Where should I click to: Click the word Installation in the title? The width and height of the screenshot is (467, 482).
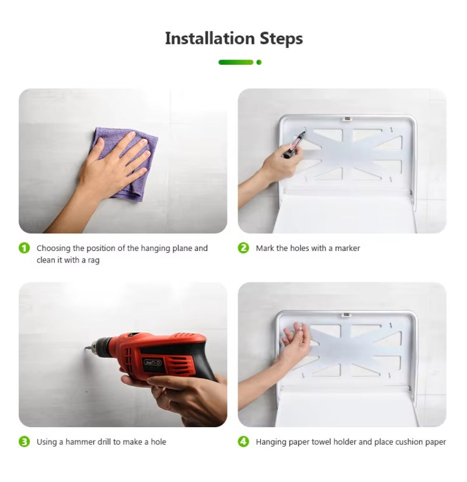pyautogui.click(x=210, y=39)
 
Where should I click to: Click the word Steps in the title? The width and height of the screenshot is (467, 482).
pyautogui.click(x=281, y=39)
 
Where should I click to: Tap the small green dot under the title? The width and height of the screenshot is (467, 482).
pyautogui.click(x=259, y=62)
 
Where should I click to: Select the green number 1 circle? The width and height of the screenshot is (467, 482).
pyautogui.click(x=25, y=248)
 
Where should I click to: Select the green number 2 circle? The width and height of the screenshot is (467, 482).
pyautogui.click(x=243, y=248)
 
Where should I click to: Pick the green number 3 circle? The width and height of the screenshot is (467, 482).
pyautogui.click(x=25, y=442)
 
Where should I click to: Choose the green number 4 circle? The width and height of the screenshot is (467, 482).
pyautogui.click(x=243, y=442)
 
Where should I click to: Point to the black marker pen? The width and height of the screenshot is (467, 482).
pyautogui.click(x=294, y=145)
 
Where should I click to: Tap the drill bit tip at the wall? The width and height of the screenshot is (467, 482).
pyautogui.click(x=86, y=348)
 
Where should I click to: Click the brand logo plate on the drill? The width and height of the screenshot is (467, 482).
pyautogui.click(x=153, y=362)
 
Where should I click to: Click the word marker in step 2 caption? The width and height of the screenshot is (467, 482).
pyautogui.click(x=347, y=248)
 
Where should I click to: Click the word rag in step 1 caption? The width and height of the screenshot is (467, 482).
pyautogui.click(x=93, y=261)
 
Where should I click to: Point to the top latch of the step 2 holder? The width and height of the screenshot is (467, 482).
pyautogui.click(x=347, y=118)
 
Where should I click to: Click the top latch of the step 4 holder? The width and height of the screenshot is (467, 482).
pyautogui.click(x=346, y=315)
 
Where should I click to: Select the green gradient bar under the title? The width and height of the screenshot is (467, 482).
pyautogui.click(x=236, y=62)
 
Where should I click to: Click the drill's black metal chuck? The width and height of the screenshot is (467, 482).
pyautogui.click(x=102, y=347)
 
